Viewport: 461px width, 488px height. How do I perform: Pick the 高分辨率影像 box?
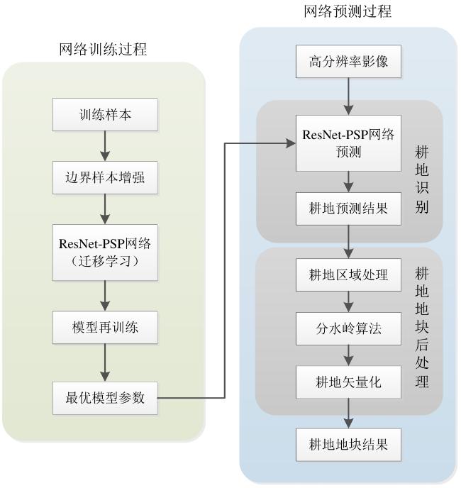(x=348, y=62)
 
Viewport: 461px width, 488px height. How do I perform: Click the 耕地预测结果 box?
(x=348, y=209)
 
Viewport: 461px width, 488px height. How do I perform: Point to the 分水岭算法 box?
(x=348, y=328)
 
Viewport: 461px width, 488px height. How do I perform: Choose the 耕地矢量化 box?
(x=348, y=382)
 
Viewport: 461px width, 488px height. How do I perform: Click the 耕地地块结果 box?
(x=348, y=445)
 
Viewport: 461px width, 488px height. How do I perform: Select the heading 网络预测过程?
(x=348, y=11)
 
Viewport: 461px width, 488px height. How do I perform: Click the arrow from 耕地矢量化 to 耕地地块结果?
(x=348, y=413)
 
